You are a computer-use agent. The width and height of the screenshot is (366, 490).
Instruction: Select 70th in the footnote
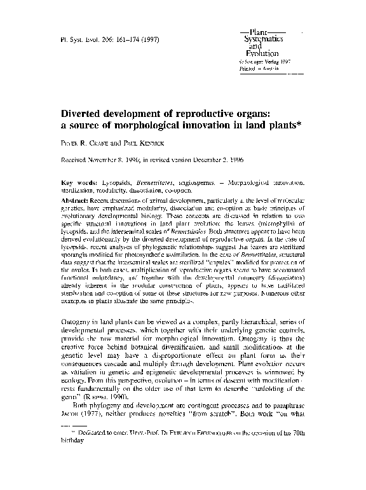(x=301, y=449)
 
